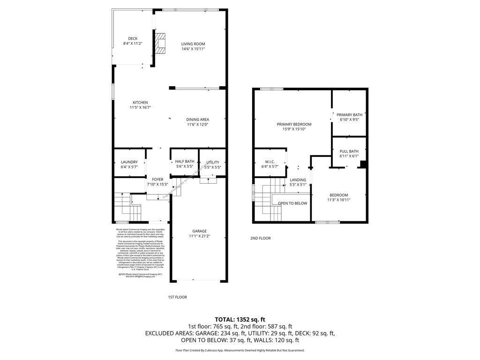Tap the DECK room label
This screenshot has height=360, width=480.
coord(133,38)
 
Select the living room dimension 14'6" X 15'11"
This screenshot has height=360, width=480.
coord(193,48)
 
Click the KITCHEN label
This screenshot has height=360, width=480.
coord(140,103)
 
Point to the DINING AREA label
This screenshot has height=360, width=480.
coord(198,120)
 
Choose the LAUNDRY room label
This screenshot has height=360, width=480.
coord(129,162)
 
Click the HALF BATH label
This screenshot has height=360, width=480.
coord(185,161)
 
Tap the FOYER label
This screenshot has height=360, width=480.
coord(157,180)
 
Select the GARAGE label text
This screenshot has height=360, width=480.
coord(199,231)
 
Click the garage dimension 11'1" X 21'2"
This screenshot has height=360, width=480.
coord(199,236)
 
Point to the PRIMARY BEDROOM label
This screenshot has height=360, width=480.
coord(294,124)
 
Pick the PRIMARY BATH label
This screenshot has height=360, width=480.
coord(349,115)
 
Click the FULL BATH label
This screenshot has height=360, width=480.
coord(349,151)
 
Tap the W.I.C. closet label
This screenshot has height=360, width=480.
coord(270,161)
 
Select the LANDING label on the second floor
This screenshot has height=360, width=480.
coord(298,180)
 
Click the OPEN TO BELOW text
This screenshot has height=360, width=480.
coord(292,203)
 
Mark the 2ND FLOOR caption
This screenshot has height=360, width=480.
coord(260,239)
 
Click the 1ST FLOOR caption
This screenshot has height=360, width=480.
coord(178,297)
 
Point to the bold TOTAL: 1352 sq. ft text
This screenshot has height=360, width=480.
coord(240,318)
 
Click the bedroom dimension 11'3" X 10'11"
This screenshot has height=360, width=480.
coord(338,200)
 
